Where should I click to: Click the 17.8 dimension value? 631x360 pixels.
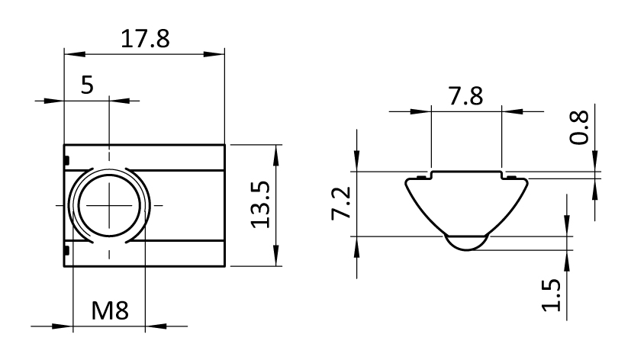[145, 39]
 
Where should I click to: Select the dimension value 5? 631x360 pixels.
[87, 85]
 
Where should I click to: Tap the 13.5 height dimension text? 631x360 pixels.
[260, 205]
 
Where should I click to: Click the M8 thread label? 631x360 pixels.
[110, 310]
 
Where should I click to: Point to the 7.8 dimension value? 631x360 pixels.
[465, 97]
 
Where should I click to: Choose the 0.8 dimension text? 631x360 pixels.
[578, 127]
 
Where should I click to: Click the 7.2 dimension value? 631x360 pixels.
[341, 203]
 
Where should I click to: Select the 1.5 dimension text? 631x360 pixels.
[551, 295]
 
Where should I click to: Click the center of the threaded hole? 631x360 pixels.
[109, 205]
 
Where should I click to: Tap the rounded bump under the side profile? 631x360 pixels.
[466, 243]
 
